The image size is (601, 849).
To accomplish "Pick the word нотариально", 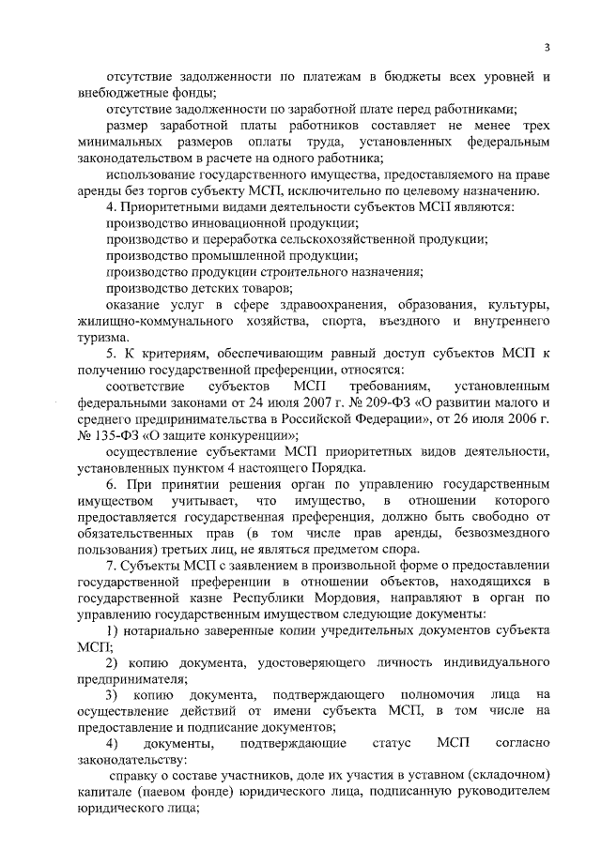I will pyautogui.click(x=162, y=630).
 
